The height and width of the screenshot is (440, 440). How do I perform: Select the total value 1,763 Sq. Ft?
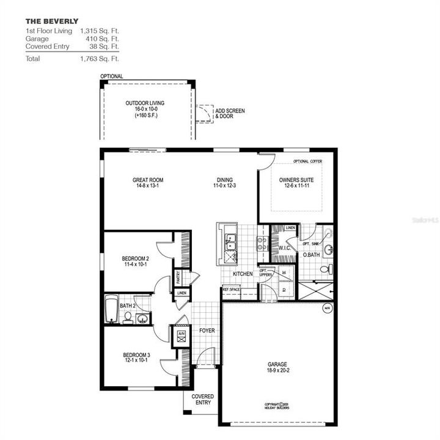point(100,59)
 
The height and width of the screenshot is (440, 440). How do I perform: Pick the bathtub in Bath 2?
point(111,309)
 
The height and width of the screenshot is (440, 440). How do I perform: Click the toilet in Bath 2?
point(128,317)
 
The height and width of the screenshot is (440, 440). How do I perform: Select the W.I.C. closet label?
point(284,249)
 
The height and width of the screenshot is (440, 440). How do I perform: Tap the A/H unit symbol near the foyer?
point(182,335)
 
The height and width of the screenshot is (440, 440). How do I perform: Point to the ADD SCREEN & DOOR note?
point(230,113)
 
